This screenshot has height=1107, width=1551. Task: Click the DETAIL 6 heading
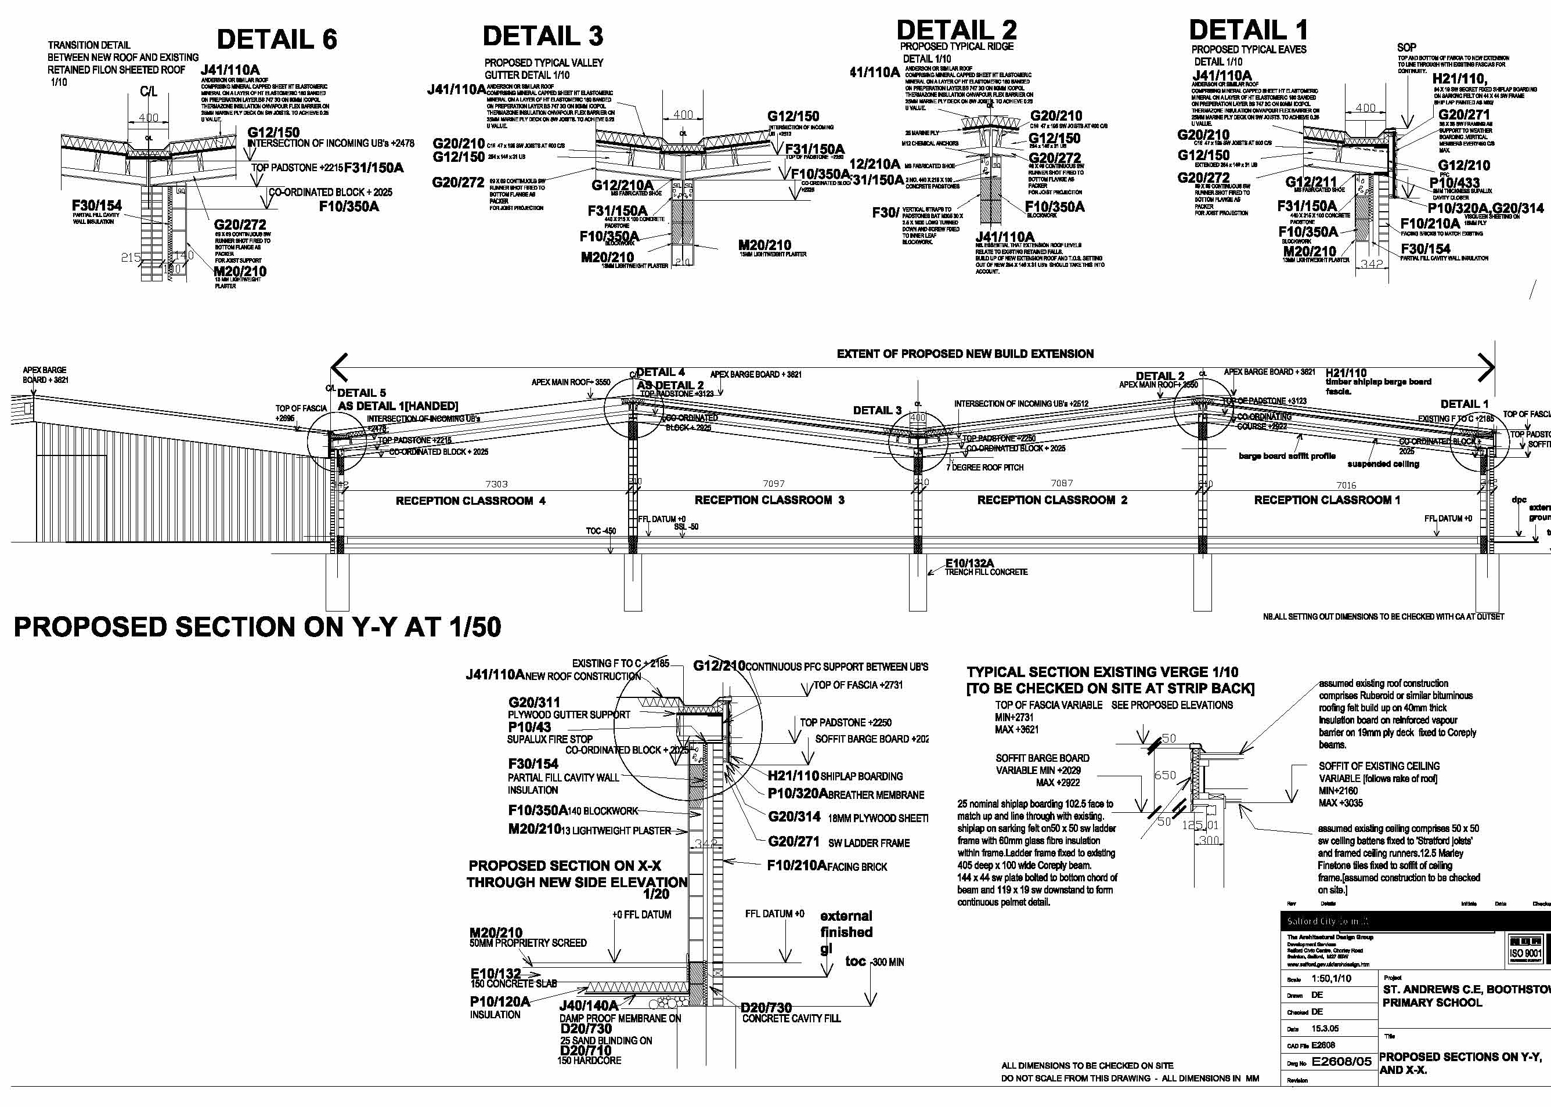tap(277, 39)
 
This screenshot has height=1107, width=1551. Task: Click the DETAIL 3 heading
tap(543, 36)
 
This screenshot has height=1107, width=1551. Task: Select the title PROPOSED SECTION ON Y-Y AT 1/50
tap(257, 627)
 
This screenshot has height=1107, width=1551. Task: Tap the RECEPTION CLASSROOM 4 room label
tap(470, 501)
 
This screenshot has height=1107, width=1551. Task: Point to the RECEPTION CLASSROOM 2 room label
tap(1052, 500)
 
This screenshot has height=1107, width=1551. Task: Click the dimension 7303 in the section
tap(496, 484)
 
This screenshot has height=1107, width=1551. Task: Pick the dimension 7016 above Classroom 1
tap(1346, 486)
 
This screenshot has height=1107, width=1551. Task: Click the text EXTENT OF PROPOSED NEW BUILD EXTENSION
tap(965, 354)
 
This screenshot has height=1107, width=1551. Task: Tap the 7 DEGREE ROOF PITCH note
tap(984, 468)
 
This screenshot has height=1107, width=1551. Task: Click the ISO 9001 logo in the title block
tap(1525, 953)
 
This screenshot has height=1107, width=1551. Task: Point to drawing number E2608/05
tap(1341, 1061)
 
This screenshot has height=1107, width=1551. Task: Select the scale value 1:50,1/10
tap(1330, 978)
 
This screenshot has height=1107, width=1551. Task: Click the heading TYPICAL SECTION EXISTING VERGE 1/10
tap(1102, 672)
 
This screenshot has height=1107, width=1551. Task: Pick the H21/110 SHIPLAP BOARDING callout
tap(834, 776)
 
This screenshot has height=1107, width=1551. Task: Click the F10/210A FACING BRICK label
tap(827, 866)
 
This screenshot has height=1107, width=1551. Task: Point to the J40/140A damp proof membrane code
tap(589, 1005)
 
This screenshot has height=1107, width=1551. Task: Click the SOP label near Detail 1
tap(1406, 48)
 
